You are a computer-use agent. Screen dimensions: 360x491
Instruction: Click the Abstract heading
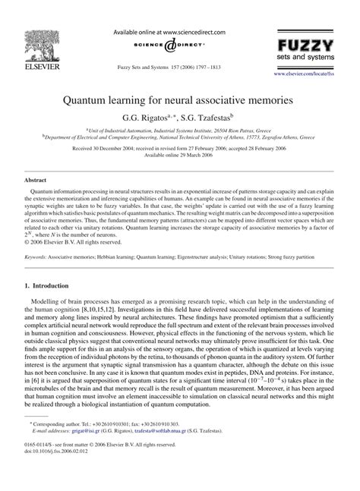[x=36, y=181]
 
